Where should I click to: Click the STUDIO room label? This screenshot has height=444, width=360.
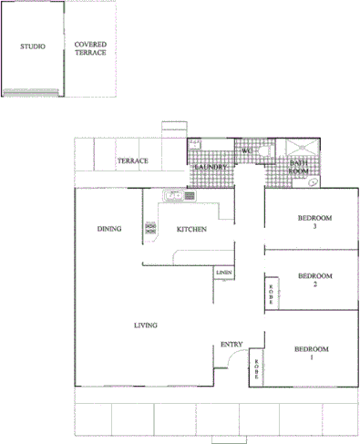pos(33,46)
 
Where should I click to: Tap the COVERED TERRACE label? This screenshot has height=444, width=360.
pos(90,48)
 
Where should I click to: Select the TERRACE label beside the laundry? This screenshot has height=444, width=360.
pos(133,161)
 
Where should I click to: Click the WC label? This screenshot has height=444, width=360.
pos(246,151)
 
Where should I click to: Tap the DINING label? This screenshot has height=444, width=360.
pos(110,229)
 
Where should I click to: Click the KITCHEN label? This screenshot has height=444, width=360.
pos(191,229)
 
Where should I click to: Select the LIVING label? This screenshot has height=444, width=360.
pos(146,325)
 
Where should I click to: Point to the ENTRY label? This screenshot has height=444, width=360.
pos(231,344)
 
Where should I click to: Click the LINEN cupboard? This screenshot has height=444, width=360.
pos(224,273)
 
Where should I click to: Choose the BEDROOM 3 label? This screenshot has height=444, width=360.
pos(314,222)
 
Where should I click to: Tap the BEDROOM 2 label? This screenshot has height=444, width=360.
pos(314,280)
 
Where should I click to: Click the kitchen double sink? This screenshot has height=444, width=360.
pos(173,195)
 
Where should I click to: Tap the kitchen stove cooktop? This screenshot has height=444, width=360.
pos(149,230)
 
